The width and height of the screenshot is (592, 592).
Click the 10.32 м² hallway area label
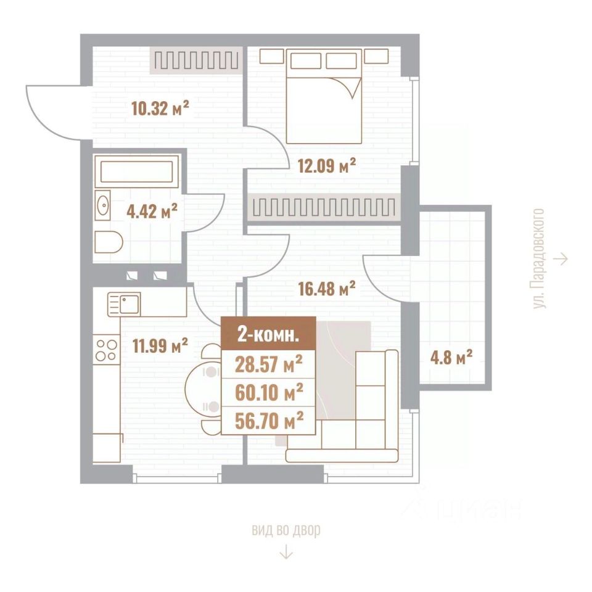pyautogui.click(x=160, y=109)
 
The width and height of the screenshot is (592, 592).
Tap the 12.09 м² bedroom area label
pyautogui.click(x=327, y=165)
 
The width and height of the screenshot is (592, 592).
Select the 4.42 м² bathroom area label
pyautogui.click(x=152, y=211)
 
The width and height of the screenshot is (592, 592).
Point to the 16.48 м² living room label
pyautogui.click(x=327, y=289)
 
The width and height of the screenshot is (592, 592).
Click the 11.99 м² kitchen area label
pyautogui.click(x=160, y=346)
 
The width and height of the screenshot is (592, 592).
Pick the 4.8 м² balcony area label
pyautogui.click(x=451, y=357)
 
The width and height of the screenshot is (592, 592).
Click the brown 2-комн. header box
pyautogui.click(x=268, y=334)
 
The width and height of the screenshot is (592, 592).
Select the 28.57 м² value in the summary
pyautogui.click(x=268, y=364)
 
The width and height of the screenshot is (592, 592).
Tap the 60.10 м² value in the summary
pyautogui.click(x=269, y=393)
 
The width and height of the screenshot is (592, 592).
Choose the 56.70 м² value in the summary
pyautogui.click(x=269, y=421)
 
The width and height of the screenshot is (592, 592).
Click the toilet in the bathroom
pyautogui.click(x=109, y=242)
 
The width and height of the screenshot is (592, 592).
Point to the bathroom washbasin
pyautogui.click(x=102, y=205)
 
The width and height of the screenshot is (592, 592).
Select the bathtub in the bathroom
pyautogui.click(x=137, y=171)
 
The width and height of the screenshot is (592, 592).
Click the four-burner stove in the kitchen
pyautogui.click(x=107, y=350)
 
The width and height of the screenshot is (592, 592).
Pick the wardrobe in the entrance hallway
pyautogui.click(x=196, y=60)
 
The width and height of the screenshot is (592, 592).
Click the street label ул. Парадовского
pyautogui.click(x=539, y=258)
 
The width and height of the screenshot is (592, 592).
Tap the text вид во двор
pyautogui.click(x=286, y=530)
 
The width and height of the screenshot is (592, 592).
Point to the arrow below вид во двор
pyautogui.click(x=286, y=551)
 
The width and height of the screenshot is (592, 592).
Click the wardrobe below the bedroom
pyautogui.click(x=324, y=207)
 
